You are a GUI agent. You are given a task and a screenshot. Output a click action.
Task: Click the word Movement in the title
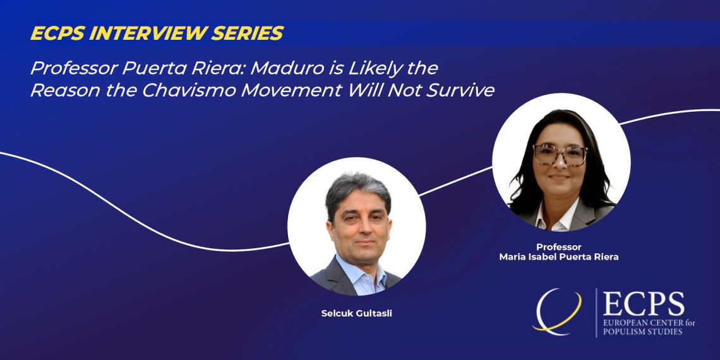(x=292, y=90)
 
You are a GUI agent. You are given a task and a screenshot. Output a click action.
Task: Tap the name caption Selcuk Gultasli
(x=356, y=314)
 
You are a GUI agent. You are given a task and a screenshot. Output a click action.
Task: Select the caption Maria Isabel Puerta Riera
(x=559, y=257)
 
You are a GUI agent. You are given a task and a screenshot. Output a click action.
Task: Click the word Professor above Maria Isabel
(x=559, y=247)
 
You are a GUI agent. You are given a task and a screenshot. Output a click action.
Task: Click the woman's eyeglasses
(x=560, y=154)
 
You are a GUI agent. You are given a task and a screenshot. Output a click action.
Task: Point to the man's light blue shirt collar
(x=361, y=272)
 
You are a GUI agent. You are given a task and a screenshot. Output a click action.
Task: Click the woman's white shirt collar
(x=558, y=217)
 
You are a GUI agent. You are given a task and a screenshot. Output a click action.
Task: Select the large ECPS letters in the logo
(x=644, y=304)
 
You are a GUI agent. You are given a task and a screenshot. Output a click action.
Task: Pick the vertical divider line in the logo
(x=596, y=313)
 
